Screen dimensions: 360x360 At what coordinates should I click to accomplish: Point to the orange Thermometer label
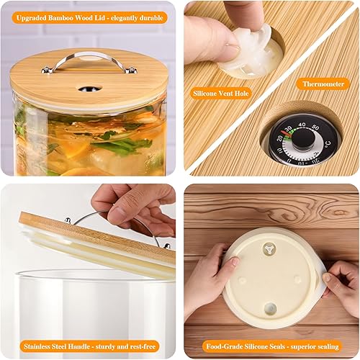[x=322, y=84]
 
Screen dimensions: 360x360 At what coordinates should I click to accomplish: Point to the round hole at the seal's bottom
[x=270, y=308]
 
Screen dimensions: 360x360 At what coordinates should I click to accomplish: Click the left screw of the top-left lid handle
[x=45, y=70]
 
